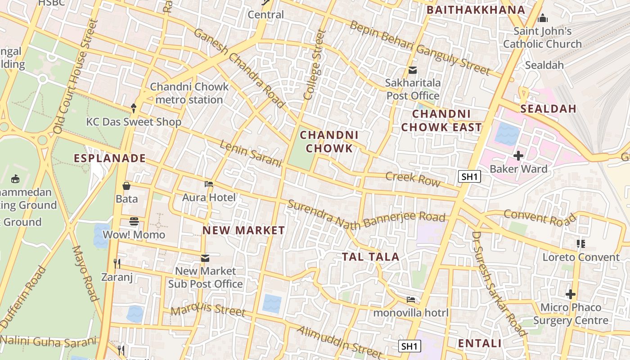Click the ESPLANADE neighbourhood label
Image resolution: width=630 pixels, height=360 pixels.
point(110,158)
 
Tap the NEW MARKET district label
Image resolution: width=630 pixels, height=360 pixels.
point(243,230)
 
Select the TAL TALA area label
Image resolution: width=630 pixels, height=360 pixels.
point(370,257)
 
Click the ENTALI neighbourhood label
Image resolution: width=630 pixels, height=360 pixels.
point(479,343)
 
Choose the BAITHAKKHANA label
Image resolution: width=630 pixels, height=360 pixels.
point(476,10)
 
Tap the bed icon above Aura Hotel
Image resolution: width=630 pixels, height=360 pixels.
point(209,184)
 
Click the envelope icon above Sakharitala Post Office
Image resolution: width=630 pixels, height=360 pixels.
point(412,70)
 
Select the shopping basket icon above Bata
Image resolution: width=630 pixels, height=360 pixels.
point(127,185)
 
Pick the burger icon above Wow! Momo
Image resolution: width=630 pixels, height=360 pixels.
point(134,221)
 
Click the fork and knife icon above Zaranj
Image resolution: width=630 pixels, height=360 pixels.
point(117,263)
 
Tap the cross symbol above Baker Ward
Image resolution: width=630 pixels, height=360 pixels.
point(518,156)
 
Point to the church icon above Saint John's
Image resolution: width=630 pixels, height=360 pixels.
point(543,18)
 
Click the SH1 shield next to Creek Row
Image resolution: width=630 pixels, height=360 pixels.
point(469,176)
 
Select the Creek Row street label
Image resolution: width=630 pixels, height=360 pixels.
point(413,178)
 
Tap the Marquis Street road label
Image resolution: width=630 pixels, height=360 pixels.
point(208,309)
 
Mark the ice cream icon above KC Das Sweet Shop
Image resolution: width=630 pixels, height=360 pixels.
point(134,108)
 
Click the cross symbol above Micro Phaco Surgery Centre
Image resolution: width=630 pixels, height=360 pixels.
point(571,294)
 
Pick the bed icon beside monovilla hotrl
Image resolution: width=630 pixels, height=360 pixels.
point(411,299)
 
